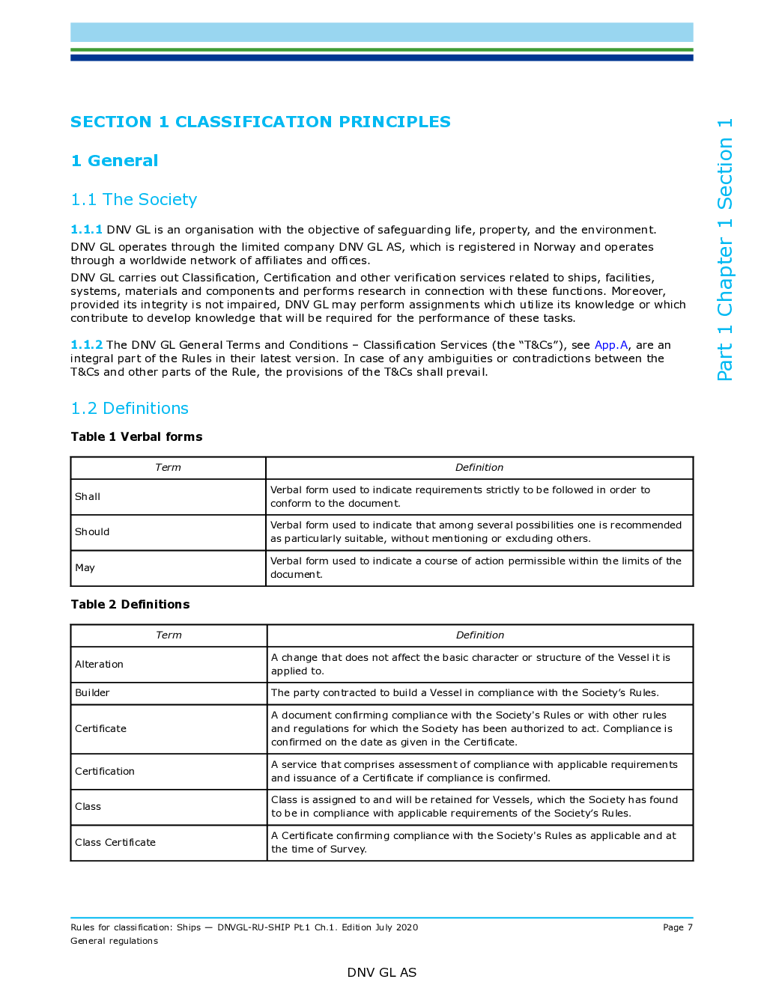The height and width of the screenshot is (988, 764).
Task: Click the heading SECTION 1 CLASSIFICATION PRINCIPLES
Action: (x=260, y=122)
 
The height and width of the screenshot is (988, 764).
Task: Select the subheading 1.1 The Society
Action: (x=134, y=199)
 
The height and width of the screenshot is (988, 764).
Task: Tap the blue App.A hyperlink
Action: (x=611, y=345)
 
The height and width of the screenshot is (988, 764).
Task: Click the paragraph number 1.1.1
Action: (x=86, y=230)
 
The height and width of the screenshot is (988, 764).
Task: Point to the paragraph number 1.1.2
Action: (x=86, y=345)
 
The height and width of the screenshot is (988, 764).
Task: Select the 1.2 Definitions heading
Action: (x=130, y=408)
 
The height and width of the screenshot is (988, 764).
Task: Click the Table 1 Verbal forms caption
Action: (x=136, y=436)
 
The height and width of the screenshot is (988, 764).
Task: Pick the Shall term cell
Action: (x=168, y=496)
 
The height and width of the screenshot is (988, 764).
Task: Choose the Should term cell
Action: (x=168, y=532)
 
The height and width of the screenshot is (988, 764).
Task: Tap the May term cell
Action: (x=168, y=568)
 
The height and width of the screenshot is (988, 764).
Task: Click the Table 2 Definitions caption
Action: (x=130, y=604)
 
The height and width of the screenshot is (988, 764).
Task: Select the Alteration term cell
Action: (x=169, y=664)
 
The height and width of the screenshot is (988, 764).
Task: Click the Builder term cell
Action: (x=169, y=693)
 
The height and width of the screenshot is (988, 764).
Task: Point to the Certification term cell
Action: (x=169, y=772)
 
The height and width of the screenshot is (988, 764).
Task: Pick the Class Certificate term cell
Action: (x=169, y=843)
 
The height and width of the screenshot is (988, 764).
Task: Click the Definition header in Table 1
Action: (x=479, y=467)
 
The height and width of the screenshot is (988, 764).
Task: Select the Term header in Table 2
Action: (x=169, y=635)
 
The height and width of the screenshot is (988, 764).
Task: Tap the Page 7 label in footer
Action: (x=678, y=927)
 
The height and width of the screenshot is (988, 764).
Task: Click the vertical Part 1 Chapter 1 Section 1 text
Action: (x=724, y=249)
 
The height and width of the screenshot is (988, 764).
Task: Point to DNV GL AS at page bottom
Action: (x=382, y=972)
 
